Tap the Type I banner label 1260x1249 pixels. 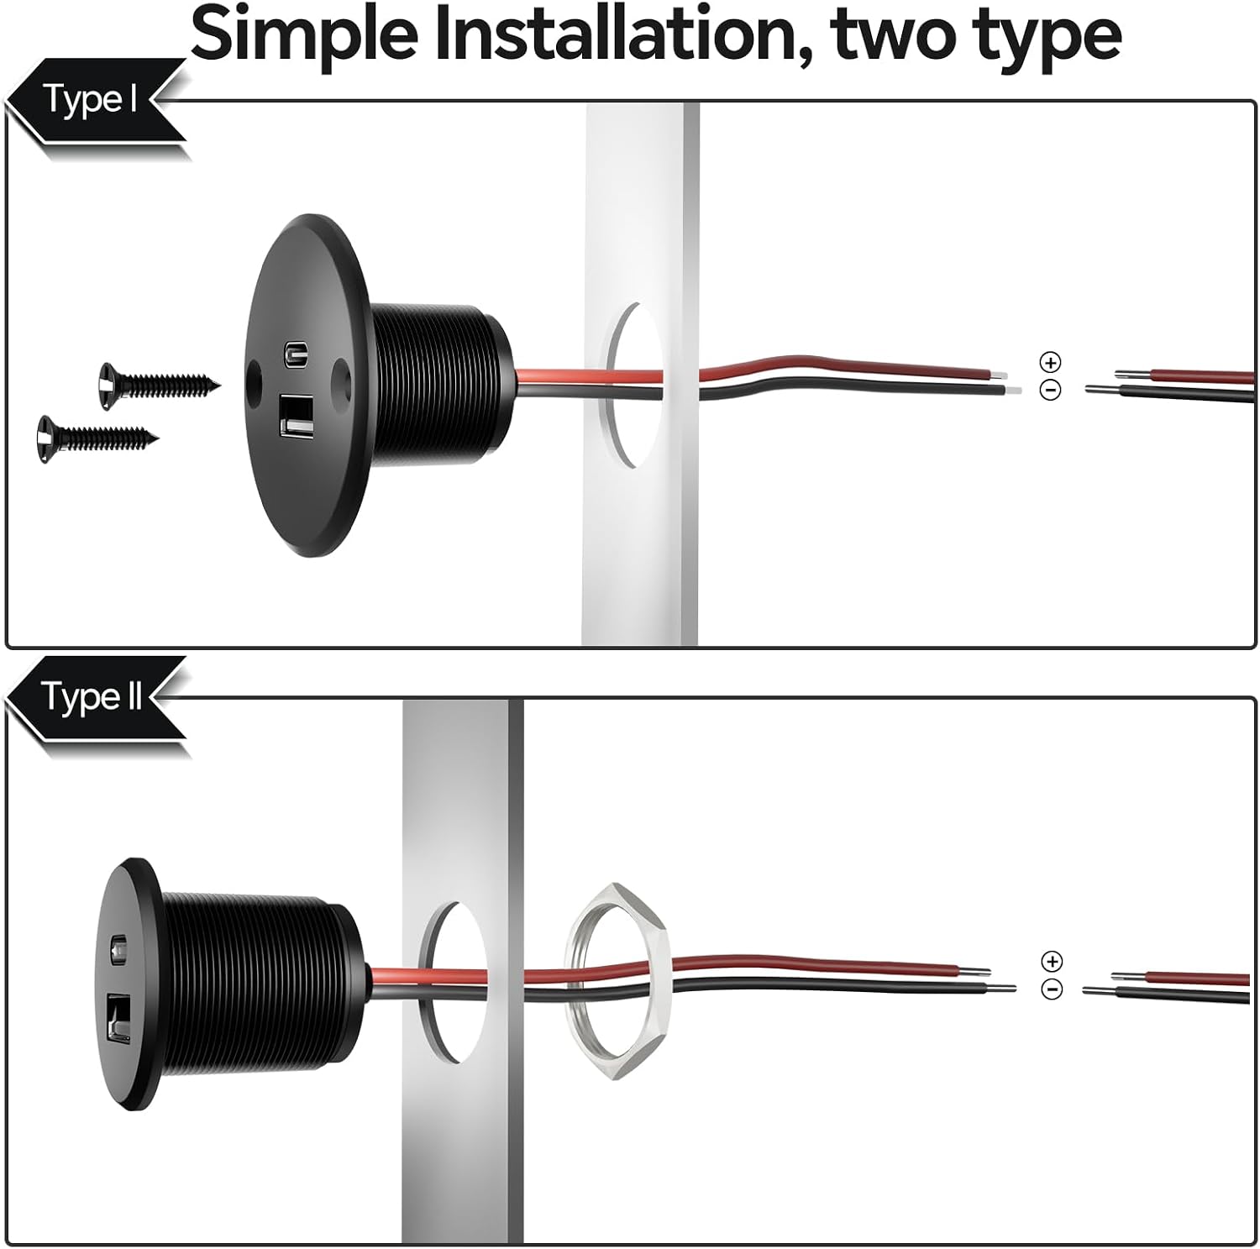click(91, 100)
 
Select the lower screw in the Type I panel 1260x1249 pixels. click(97, 437)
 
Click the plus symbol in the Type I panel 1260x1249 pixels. click(1051, 362)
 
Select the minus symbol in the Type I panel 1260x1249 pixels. click(1051, 390)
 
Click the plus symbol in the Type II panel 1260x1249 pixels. click(1052, 961)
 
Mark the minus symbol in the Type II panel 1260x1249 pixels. click(1052, 989)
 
